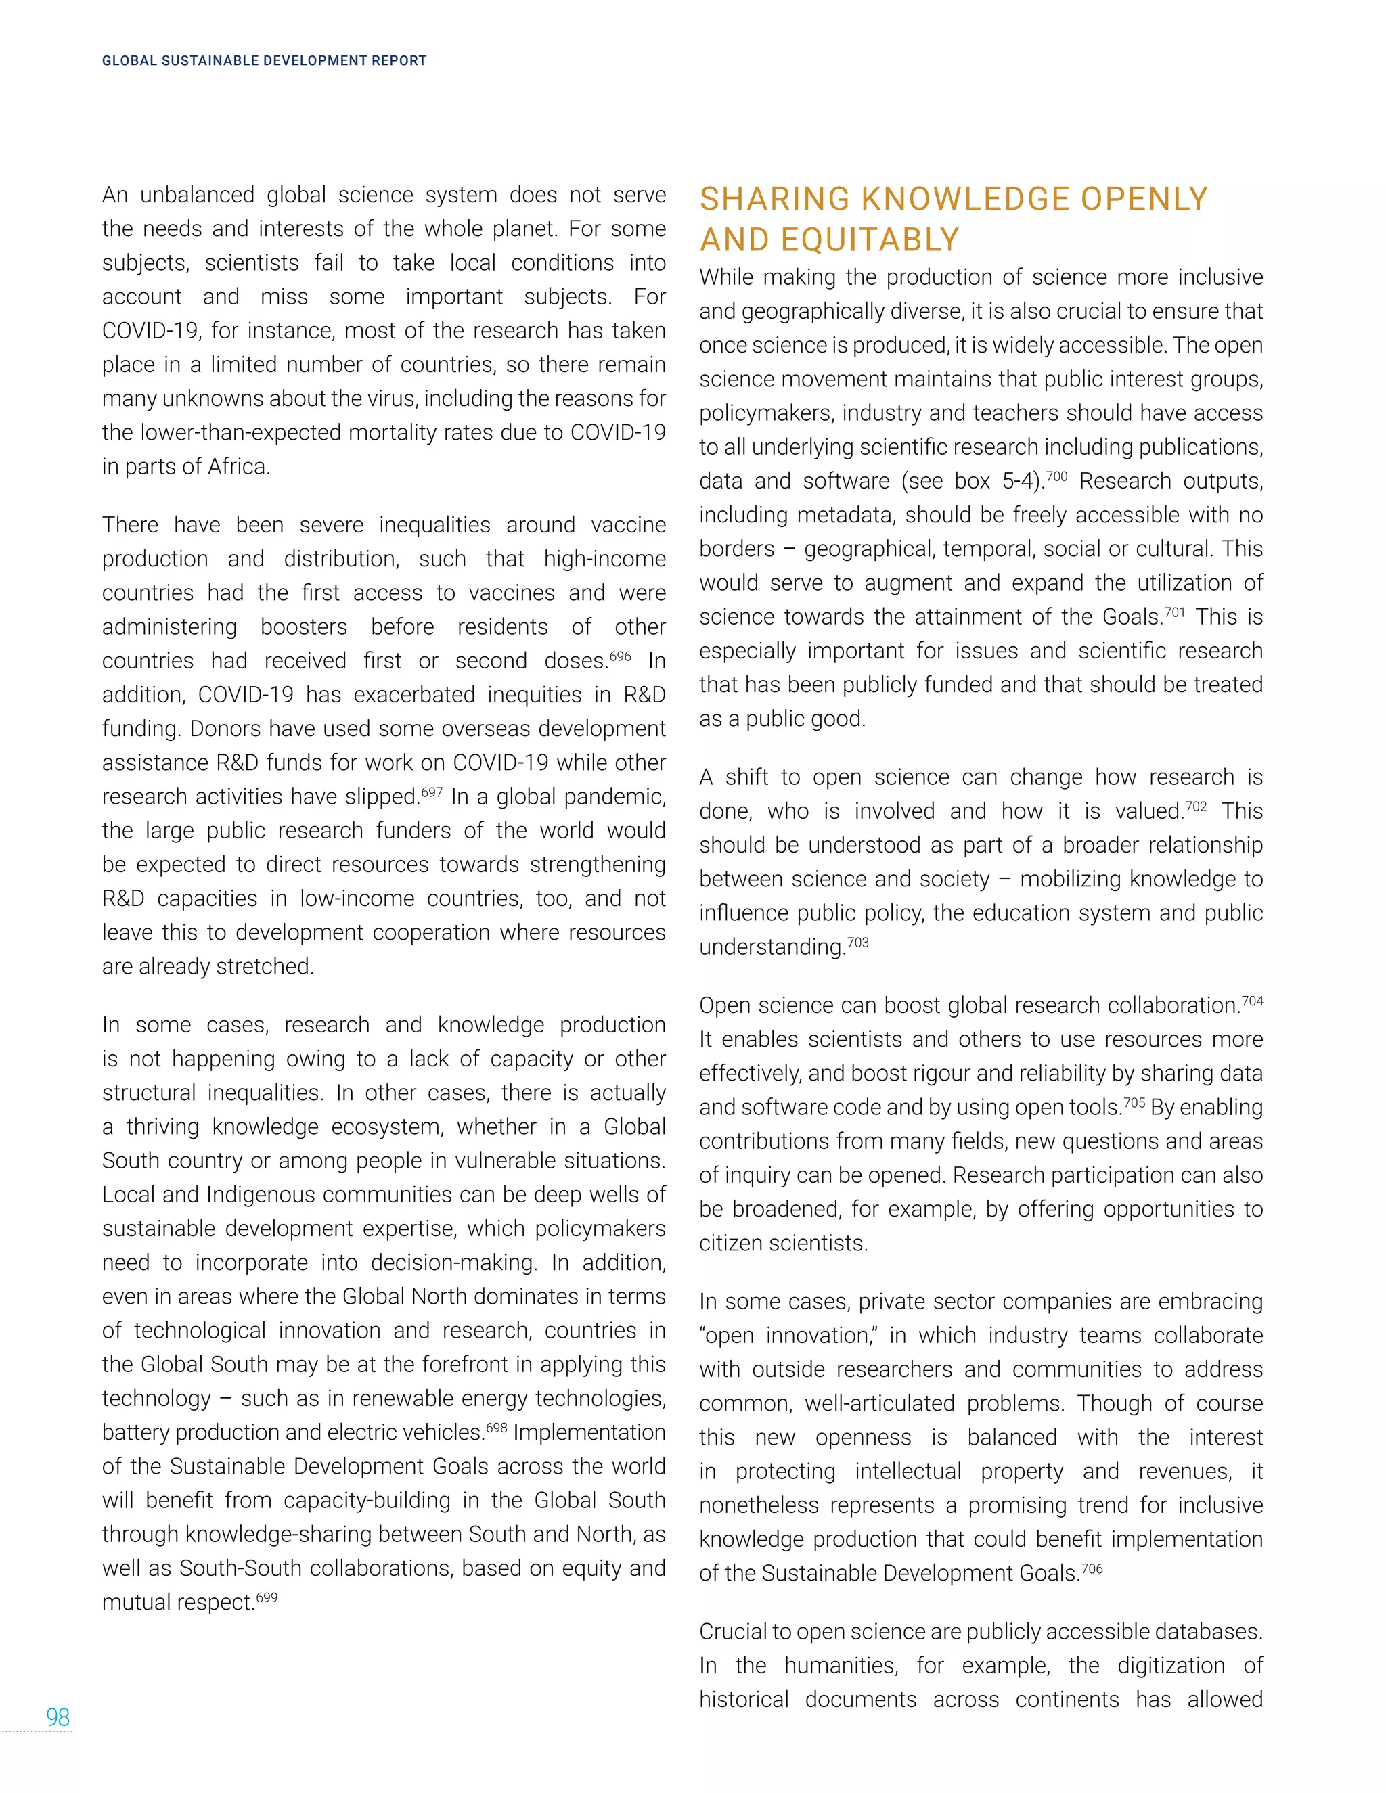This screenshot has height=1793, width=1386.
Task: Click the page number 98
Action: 58,1717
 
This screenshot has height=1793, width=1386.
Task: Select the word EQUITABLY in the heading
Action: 870,241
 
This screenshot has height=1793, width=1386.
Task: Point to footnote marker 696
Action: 620,655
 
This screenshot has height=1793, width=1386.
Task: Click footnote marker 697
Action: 431,792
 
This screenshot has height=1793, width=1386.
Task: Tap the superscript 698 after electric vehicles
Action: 496,1427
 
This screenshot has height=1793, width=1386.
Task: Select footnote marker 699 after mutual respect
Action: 266,1597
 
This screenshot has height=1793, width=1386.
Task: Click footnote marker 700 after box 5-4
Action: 1056,476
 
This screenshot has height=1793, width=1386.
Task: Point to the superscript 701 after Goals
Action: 1174,612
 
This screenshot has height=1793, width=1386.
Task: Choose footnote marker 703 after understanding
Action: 857,942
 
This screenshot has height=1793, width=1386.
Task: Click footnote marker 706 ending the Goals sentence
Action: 1092,1568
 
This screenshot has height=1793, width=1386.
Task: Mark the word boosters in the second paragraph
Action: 304,627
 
